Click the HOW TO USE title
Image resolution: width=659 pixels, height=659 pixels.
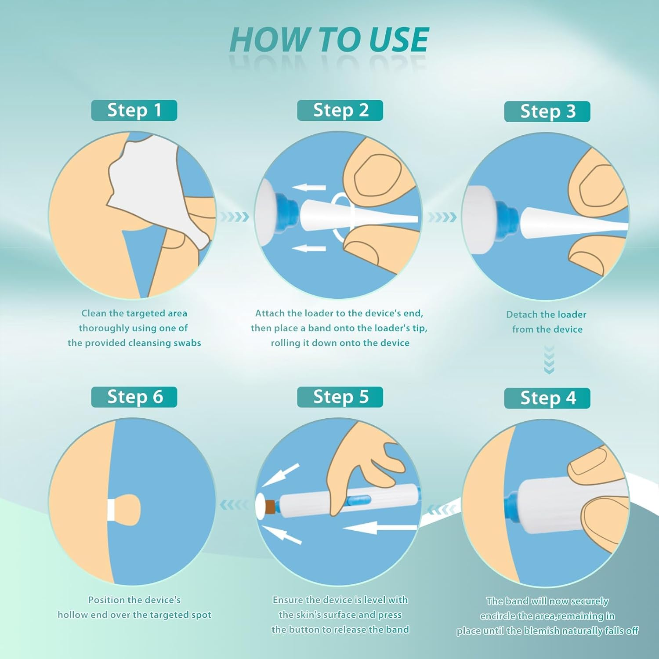pyautogui.click(x=329, y=40)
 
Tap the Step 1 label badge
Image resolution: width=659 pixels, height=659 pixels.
pyautogui.click(x=134, y=110)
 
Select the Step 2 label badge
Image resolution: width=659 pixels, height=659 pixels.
pyautogui.click(x=340, y=110)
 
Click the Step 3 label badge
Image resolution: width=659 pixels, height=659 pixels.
pyautogui.click(x=547, y=112)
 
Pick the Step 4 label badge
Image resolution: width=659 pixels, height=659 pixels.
pyautogui.click(x=547, y=398)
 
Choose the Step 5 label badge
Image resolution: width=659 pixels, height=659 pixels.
pyautogui.click(x=340, y=397)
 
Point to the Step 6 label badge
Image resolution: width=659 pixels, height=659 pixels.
pyautogui.click(x=134, y=397)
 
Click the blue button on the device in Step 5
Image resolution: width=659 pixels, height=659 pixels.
pyautogui.click(x=358, y=500)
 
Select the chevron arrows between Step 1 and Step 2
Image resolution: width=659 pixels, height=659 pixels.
pyautogui.click(x=234, y=217)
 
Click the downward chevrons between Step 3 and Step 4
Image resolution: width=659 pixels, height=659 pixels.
pyautogui.click(x=549, y=359)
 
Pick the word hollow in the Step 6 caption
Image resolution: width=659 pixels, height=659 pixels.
pyautogui.click(x=72, y=615)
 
